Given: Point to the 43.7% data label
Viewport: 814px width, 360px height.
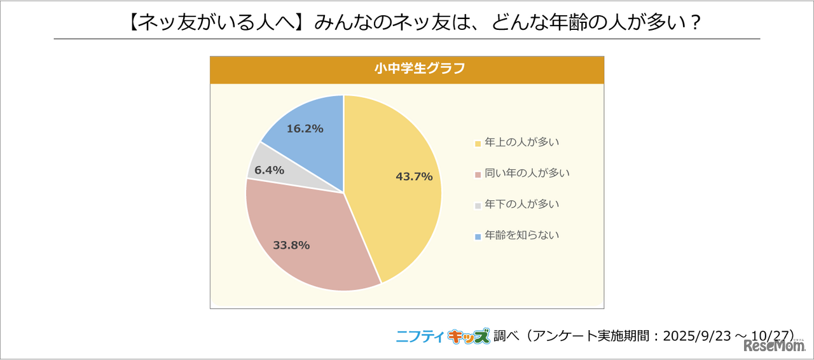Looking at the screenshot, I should (414, 177).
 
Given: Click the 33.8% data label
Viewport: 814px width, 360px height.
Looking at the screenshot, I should (291, 245).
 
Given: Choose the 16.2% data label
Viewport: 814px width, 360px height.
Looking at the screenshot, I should (305, 128).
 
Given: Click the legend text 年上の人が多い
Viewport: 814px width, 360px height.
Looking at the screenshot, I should (521, 142).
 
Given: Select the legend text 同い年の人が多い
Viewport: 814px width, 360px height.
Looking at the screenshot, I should (527, 173).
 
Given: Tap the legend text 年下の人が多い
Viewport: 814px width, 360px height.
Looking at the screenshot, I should (521, 204).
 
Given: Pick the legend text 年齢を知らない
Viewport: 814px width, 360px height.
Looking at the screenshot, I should (521, 235).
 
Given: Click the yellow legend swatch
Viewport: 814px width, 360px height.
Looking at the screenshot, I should (478, 144).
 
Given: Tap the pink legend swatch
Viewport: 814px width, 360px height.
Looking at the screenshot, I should (478, 174).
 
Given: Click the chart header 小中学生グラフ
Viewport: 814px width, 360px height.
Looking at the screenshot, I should (407, 69).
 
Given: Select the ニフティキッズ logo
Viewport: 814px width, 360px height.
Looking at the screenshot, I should (443, 336).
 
